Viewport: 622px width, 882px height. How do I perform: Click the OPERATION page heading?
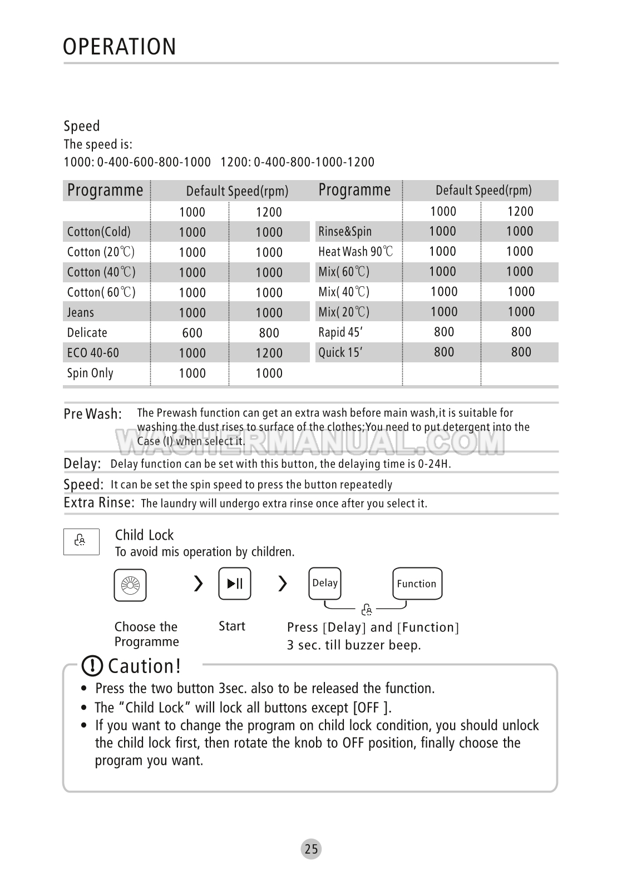tap(120, 47)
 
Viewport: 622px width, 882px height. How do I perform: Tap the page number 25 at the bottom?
tap(312, 849)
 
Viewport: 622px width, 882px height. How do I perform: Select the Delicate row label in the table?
tap(87, 333)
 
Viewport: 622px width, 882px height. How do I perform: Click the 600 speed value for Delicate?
tap(192, 333)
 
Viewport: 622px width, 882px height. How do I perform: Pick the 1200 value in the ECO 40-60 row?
tap(269, 353)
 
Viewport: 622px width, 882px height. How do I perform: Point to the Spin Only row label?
tap(90, 373)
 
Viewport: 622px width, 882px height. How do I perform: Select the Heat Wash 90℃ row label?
tap(356, 252)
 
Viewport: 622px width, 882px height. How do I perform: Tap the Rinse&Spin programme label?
tap(345, 232)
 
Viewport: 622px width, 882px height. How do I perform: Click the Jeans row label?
tap(81, 312)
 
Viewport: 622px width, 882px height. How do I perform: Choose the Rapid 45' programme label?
tap(340, 332)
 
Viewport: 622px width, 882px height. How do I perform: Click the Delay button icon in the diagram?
tap(325, 583)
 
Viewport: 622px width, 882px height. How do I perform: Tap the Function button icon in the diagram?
tap(417, 584)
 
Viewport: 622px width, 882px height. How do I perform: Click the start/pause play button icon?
tap(235, 584)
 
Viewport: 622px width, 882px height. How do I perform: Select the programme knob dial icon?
tap(130, 585)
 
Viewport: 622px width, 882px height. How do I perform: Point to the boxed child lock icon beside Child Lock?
tap(81, 541)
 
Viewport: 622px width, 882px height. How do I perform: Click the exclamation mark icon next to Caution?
tap(92, 666)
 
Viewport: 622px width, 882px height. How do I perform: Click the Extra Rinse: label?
tap(99, 503)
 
